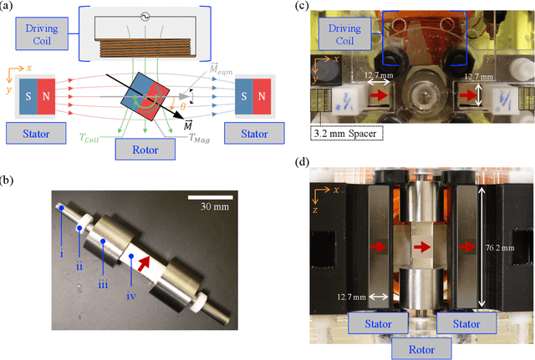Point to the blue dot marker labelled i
(63, 209)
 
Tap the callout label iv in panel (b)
(129, 272)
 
